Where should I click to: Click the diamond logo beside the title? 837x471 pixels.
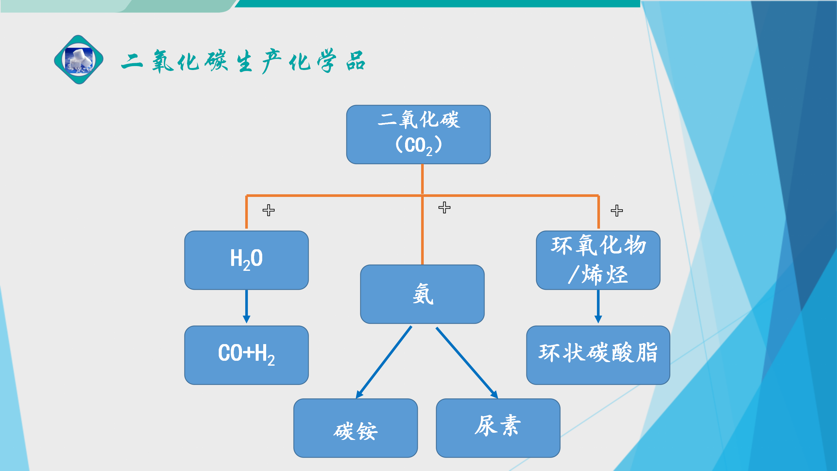click(x=79, y=60)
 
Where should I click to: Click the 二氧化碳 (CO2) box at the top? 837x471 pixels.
click(x=418, y=134)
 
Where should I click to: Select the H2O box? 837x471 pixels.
click(x=246, y=260)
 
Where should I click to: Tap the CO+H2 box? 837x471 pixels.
click(x=246, y=355)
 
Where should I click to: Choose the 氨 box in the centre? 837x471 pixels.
click(x=422, y=294)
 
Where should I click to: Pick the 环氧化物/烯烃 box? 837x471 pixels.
click(x=598, y=260)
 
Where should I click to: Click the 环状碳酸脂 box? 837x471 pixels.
click(x=598, y=355)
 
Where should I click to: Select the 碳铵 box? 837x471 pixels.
click(x=355, y=428)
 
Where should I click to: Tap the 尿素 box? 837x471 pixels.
click(x=498, y=428)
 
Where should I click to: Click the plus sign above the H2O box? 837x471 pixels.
click(x=268, y=210)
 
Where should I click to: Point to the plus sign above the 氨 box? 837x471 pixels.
click(x=444, y=207)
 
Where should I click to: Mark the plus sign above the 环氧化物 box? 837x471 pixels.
click(x=617, y=211)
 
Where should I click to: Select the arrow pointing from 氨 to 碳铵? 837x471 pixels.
click(x=384, y=362)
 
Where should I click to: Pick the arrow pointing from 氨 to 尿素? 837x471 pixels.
click(x=467, y=362)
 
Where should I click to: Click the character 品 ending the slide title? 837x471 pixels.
click(x=356, y=61)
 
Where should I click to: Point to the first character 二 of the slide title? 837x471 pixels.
click(x=132, y=61)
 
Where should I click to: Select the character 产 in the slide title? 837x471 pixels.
click(x=271, y=61)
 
